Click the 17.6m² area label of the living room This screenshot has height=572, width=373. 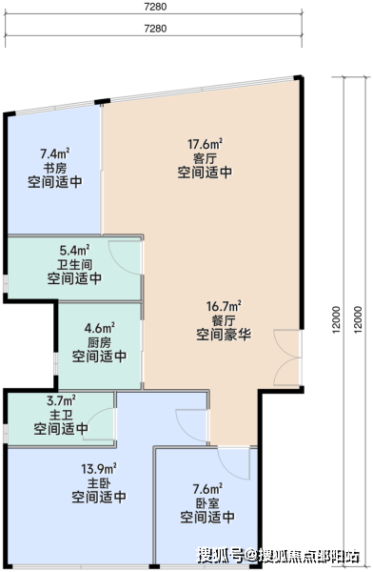(206, 144)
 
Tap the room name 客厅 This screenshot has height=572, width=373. (205, 158)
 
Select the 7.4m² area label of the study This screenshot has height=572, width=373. (55, 153)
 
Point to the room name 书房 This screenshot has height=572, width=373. (55, 168)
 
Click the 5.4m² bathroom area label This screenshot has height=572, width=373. (74, 250)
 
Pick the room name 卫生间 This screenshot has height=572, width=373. (74, 264)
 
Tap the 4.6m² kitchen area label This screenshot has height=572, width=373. (100, 328)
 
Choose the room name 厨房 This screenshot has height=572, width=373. (99, 342)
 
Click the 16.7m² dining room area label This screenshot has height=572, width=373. (224, 306)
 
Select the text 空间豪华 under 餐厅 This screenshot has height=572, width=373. (224, 335)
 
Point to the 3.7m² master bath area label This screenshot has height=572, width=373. (61, 400)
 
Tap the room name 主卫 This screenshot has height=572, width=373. (61, 415)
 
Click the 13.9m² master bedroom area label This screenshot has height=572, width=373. (99, 468)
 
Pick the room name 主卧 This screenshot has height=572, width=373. (99, 483)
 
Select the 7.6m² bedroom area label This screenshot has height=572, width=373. (207, 488)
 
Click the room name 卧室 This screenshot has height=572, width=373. (207, 503)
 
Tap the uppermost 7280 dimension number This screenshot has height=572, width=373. (155, 7)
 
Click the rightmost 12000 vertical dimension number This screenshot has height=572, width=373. (359, 319)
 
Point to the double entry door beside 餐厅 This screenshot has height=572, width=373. (287, 357)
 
